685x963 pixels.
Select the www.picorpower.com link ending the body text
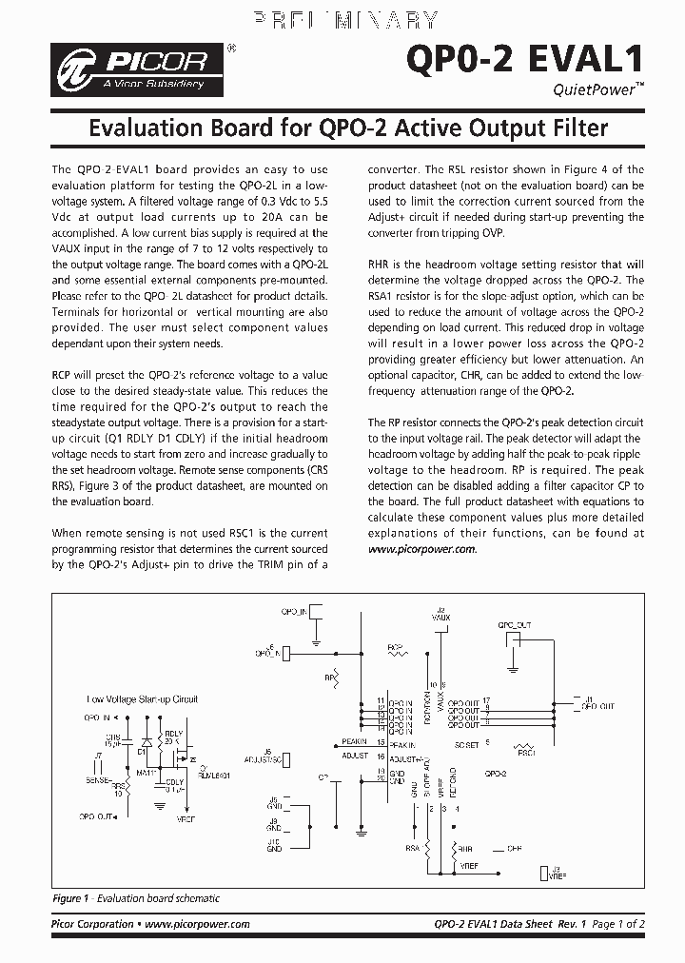[421, 549]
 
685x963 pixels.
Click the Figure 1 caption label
[67, 898]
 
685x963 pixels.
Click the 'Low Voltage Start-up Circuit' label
[142, 698]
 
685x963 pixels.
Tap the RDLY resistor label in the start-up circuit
[174, 733]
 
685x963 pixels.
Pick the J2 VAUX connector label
[440, 615]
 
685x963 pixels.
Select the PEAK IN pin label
[354, 741]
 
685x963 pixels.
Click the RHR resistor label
[465, 849]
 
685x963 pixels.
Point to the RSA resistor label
[412, 848]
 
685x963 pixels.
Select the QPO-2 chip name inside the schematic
[497, 774]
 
